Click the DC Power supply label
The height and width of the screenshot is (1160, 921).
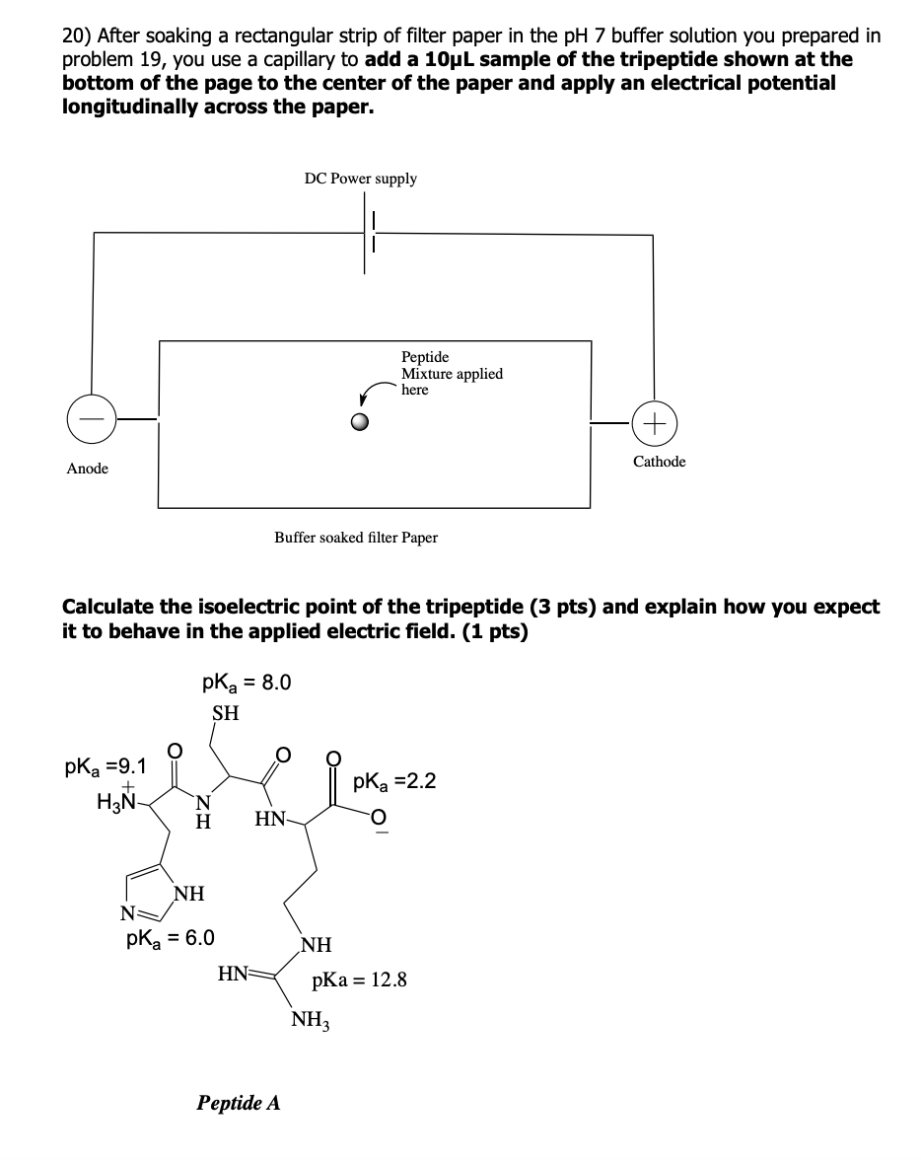click(x=360, y=180)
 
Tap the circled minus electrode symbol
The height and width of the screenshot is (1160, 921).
click(x=92, y=418)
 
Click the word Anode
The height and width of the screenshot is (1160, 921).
click(x=88, y=469)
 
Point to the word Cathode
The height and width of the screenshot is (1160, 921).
click(x=659, y=462)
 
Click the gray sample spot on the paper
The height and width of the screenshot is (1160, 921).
click(x=360, y=422)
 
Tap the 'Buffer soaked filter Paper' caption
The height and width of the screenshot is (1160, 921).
click(x=356, y=538)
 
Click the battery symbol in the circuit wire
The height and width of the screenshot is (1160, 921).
click(x=369, y=233)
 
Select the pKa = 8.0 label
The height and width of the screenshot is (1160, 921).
click(x=247, y=683)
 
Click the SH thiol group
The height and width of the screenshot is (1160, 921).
click(x=226, y=713)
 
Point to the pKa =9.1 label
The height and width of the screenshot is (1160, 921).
click(x=106, y=765)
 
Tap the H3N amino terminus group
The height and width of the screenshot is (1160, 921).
click(x=117, y=799)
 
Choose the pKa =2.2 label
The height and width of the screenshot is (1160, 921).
click(x=395, y=781)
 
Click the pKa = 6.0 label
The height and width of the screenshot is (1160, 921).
click(x=171, y=939)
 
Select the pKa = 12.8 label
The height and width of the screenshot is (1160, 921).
click(x=359, y=980)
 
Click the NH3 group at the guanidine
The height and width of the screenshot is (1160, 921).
click(x=311, y=1020)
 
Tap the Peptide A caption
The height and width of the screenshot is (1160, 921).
click(x=239, y=1103)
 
